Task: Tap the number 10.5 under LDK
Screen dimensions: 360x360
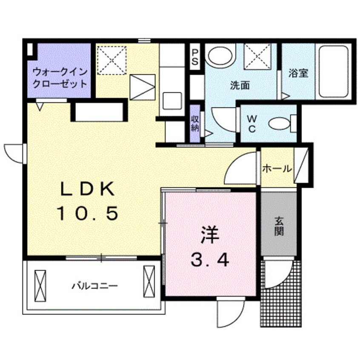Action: click(x=88, y=213)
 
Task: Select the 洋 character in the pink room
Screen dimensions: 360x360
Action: click(x=208, y=234)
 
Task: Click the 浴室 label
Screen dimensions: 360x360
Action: click(x=298, y=73)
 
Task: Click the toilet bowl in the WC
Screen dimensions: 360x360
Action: click(x=279, y=124)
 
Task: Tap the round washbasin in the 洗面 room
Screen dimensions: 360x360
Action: click(x=220, y=56)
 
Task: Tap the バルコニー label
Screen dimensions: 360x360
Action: click(x=94, y=286)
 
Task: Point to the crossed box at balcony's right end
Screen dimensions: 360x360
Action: click(x=149, y=277)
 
